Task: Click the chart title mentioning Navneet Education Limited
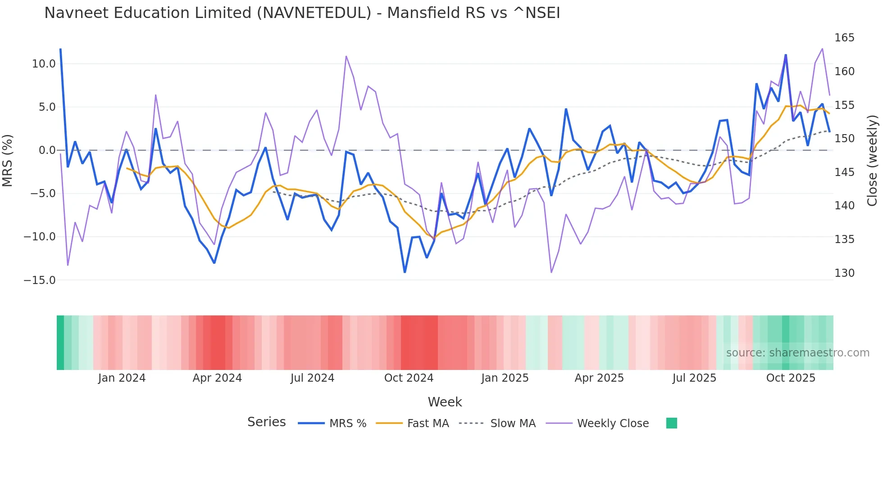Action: pyautogui.click(x=302, y=13)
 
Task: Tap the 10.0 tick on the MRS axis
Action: pyautogui.click(x=44, y=64)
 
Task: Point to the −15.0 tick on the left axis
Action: pyautogui.click(x=40, y=280)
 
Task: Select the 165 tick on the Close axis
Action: pyautogui.click(x=844, y=38)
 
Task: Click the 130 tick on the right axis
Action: pyautogui.click(x=844, y=273)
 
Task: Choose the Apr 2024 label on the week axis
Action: pyautogui.click(x=217, y=378)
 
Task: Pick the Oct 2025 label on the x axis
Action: pyautogui.click(x=791, y=378)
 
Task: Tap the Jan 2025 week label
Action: pyautogui.click(x=505, y=378)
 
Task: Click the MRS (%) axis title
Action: pyautogui.click(x=8, y=161)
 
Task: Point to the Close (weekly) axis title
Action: pyautogui.click(x=872, y=161)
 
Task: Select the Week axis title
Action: pyautogui.click(x=445, y=402)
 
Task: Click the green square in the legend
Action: pyautogui.click(x=671, y=423)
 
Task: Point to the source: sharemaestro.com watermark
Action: pyautogui.click(x=797, y=353)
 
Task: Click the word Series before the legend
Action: pyautogui.click(x=266, y=422)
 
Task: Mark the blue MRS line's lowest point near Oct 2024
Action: pyautogui.click(x=405, y=272)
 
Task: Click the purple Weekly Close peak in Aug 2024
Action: pyautogui.click(x=346, y=56)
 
